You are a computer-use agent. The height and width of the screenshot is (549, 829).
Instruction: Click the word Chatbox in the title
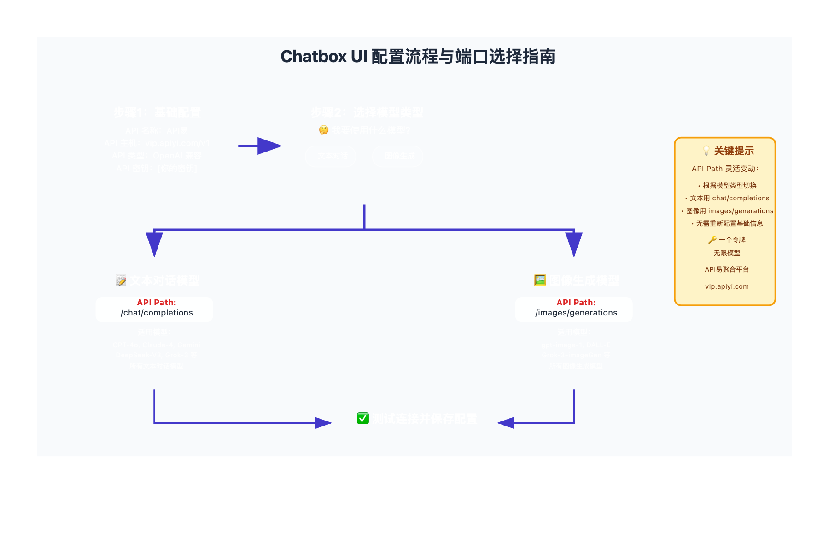pos(313,57)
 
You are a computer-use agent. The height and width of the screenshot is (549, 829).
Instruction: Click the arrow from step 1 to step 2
pos(260,146)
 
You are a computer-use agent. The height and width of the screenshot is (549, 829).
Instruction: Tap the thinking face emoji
pos(324,130)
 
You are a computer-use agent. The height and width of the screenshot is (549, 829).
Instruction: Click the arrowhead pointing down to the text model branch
pos(154,243)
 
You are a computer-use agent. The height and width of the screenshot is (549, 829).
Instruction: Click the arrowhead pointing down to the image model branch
pos(574,243)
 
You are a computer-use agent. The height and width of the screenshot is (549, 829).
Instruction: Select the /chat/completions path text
pos(157,313)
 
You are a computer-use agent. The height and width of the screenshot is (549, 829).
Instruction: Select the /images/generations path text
pos(576,313)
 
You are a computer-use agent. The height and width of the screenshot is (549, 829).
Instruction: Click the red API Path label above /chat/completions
pos(157,303)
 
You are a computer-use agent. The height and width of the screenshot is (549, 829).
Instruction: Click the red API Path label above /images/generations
pos(576,303)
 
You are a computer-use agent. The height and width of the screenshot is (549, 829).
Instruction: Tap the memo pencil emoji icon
pos(121,280)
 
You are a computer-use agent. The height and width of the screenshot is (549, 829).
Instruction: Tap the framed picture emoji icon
pos(540,280)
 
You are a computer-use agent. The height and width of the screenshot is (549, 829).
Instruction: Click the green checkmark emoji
pos(363,418)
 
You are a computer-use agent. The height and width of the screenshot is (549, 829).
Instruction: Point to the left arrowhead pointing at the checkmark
pos(323,423)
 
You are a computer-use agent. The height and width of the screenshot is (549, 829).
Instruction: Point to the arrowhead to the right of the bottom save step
pos(506,423)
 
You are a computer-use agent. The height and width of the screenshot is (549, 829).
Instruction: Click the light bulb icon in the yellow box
pos(706,151)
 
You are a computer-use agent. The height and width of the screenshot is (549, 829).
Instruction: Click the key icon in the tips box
pos(712,240)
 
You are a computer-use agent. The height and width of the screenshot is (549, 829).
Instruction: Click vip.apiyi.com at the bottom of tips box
pos(727,286)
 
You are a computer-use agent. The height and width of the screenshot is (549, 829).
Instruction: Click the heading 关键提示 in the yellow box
pos(734,151)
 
